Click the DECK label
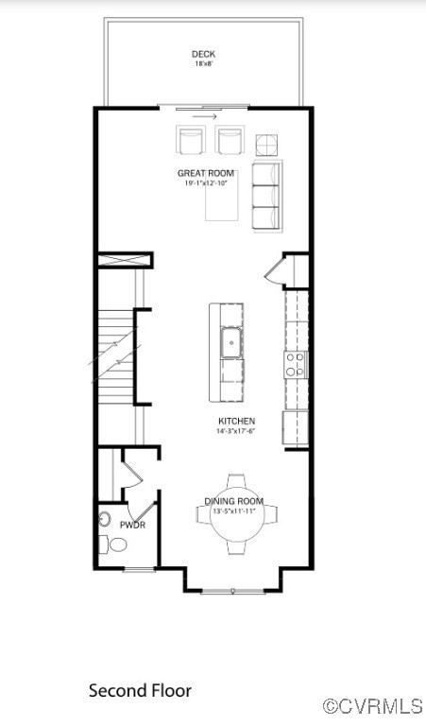tap(204, 54)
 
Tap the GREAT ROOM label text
tap(206, 173)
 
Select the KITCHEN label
tap(236, 421)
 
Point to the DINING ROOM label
tap(234, 501)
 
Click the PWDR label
tap(132, 525)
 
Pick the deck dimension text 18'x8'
tap(204, 64)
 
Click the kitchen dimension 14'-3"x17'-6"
tap(236, 431)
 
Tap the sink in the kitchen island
tap(230, 343)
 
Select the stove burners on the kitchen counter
tap(297, 364)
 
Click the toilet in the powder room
tap(116, 544)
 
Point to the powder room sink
tap(104, 520)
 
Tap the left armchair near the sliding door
tap(191, 140)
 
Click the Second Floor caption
tap(140, 691)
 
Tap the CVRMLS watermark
tap(373, 706)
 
